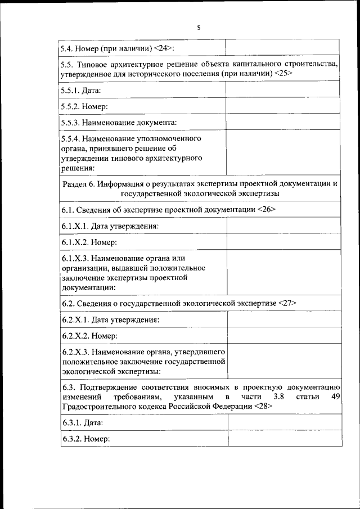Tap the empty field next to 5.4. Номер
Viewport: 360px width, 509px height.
pos(282,48)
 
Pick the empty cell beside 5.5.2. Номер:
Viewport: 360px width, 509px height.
pos(282,106)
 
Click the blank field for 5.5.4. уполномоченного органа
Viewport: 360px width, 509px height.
pos(282,152)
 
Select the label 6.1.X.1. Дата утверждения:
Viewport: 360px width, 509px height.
pos(110,226)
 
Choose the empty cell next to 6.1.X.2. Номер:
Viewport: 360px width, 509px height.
pos(283,242)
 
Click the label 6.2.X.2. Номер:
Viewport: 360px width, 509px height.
pos(89,336)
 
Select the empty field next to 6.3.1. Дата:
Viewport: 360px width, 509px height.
pos(284,422)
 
